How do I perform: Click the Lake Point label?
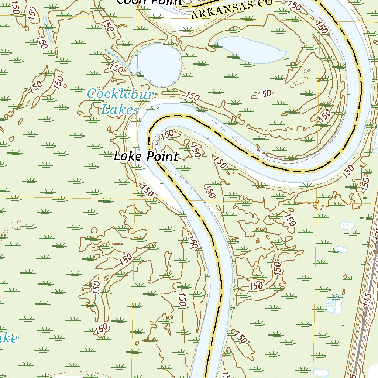pyautogui.click(x=146, y=156)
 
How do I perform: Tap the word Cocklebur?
pyautogui.click(x=120, y=94)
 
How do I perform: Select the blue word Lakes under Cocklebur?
pyautogui.click(x=120, y=110)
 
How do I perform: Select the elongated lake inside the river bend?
pyautogui.click(x=251, y=50)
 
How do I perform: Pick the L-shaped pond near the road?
pyautogui.click(x=334, y=304)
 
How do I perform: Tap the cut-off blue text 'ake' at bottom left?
pyautogui.click(x=8, y=338)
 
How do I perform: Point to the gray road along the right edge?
pyautogui.click(x=364, y=314)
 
